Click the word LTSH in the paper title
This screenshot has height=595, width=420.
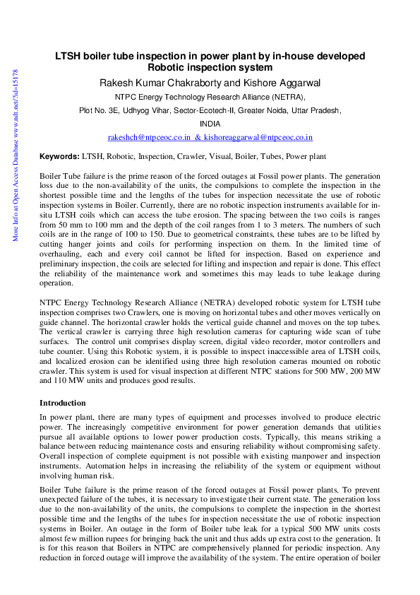click(69, 56)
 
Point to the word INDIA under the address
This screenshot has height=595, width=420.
click(210, 123)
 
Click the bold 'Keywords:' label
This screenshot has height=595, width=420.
click(59, 155)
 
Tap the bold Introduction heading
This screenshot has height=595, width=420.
click(63, 402)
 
